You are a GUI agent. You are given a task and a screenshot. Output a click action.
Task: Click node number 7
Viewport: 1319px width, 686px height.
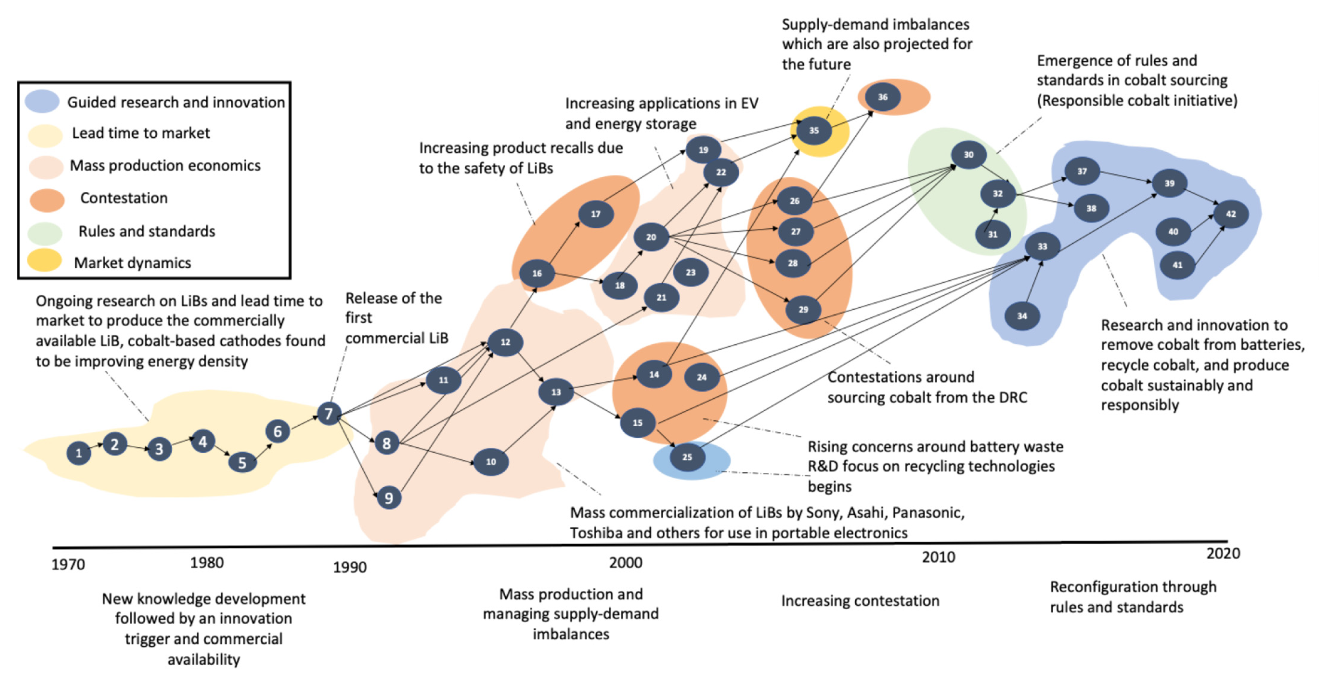(329, 413)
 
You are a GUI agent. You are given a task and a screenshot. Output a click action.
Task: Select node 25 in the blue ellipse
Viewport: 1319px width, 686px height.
(687, 457)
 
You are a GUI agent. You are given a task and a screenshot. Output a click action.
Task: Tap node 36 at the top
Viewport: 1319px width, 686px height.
(883, 97)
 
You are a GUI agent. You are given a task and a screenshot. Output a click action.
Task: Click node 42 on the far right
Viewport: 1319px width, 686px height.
(1230, 214)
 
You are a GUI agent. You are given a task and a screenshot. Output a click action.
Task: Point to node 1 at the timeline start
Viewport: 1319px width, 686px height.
(78, 453)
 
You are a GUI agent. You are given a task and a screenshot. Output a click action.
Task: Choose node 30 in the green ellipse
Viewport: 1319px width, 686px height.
(968, 154)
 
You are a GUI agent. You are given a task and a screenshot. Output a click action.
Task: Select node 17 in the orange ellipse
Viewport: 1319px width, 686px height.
(596, 214)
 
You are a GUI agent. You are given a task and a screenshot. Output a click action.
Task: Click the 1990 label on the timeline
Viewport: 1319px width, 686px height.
(350, 567)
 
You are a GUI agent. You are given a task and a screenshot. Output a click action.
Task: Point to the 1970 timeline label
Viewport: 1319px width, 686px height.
(68, 564)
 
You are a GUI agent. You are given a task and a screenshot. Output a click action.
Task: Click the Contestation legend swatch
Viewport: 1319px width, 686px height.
(47, 200)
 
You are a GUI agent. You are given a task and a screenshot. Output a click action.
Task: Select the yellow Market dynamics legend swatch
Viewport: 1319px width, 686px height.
(44, 260)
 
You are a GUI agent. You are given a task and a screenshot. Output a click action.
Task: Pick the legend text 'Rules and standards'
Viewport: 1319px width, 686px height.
(147, 231)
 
